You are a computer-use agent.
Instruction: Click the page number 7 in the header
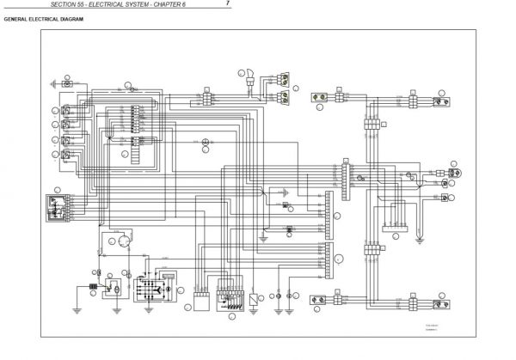tap(228, 5)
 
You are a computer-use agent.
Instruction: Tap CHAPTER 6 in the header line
tap(198, 6)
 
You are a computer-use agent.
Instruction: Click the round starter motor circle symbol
tap(126, 242)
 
